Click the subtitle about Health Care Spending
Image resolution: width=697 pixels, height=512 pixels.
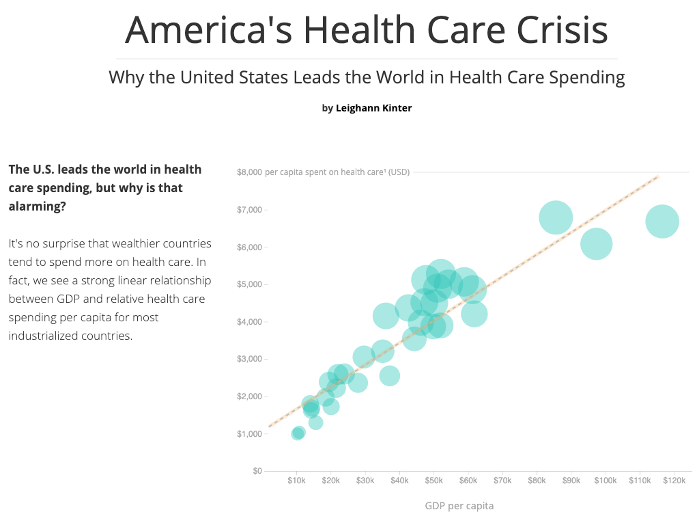[x=367, y=77]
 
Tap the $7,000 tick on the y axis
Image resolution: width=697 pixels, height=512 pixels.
[x=249, y=209]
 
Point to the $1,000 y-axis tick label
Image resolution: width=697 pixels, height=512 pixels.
[x=249, y=434]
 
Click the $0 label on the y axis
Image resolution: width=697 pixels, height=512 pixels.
[x=257, y=471]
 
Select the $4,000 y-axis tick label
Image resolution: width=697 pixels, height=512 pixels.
[x=249, y=322]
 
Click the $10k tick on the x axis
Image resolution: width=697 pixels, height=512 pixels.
[x=296, y=481]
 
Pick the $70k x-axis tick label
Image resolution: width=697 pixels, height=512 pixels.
[x=502, y=481]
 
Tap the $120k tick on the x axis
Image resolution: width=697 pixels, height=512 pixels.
[x=674, y=481]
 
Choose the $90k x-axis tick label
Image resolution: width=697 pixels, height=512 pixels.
[x=571, y=481]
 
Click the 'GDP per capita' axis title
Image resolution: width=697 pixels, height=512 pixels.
[x=459, y=506]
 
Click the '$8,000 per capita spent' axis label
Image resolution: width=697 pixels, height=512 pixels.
[x=323, y=172]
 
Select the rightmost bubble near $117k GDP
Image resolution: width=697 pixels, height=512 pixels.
[x=662, y=221]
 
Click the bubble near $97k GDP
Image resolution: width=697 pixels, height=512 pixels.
[x=596, y=244]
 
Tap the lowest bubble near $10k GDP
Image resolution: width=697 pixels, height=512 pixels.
[x=298, y=433]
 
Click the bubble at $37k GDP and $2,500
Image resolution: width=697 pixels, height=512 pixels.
[x=389, y=375]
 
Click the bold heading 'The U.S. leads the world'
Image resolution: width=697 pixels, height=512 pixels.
[x=104, y=187]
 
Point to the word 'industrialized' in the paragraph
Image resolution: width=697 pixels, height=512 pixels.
[x=41, y=336]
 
